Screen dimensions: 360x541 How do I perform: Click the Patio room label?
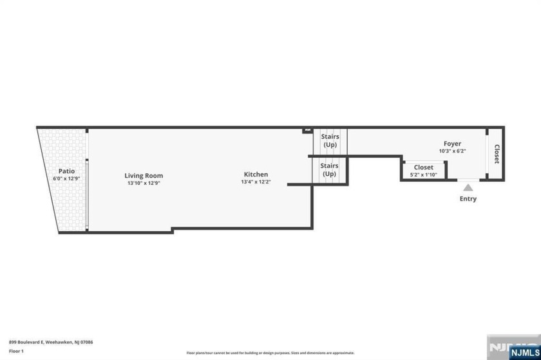click(67, 171)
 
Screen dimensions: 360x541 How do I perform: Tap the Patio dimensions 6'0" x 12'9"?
click(67, 178)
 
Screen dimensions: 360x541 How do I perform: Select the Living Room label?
click(144, 175)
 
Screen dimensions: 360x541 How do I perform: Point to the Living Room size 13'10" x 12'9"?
click(144, 183)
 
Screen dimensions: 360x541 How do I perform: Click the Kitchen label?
click(256, 175)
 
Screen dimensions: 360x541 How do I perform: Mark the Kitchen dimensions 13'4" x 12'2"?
click(256, 182)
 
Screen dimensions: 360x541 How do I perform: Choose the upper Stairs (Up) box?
click(330, 140)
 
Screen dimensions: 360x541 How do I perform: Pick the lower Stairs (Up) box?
click(329, 170)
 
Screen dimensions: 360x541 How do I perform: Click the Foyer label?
click(452, 144)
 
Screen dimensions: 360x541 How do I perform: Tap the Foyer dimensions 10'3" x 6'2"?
click(452, 151)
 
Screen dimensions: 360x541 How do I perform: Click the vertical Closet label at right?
click(497, 154)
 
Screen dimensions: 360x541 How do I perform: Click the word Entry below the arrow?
click(468, 199)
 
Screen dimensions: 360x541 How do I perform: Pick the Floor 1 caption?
click(16, 351)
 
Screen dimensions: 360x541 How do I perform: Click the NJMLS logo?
click(514, 348)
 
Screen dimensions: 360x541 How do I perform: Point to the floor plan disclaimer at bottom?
click(270, 353)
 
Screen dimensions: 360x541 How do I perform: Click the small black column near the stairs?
click(307, 131)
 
